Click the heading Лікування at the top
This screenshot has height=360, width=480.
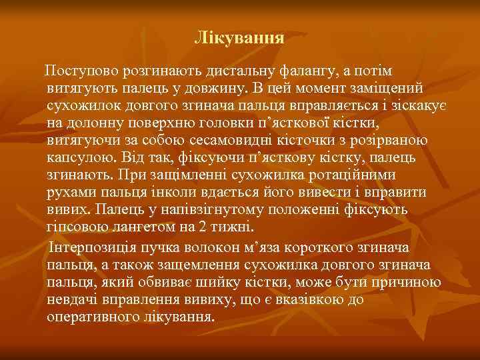(x=239, y=37)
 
